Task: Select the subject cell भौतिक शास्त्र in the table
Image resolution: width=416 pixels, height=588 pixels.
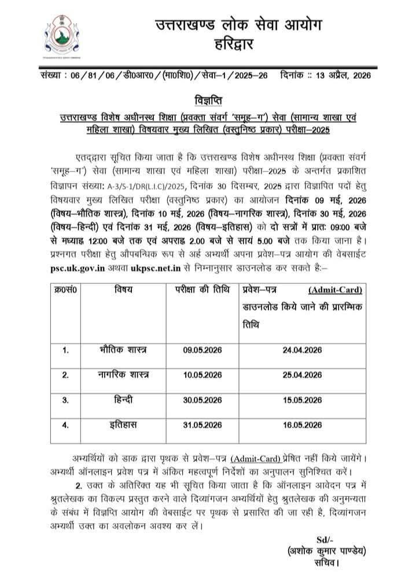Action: [123, 350]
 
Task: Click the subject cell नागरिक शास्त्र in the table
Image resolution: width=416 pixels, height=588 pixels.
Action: [123, 375]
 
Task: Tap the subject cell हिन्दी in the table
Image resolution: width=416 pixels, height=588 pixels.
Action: [123, 400]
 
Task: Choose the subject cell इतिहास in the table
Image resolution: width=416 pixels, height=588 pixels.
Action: [123, 425]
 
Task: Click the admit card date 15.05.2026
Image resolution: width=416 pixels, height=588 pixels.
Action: [301, 400]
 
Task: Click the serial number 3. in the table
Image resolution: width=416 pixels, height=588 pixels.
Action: [65, 400]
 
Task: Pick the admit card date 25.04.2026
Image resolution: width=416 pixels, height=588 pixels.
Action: [301, 375]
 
